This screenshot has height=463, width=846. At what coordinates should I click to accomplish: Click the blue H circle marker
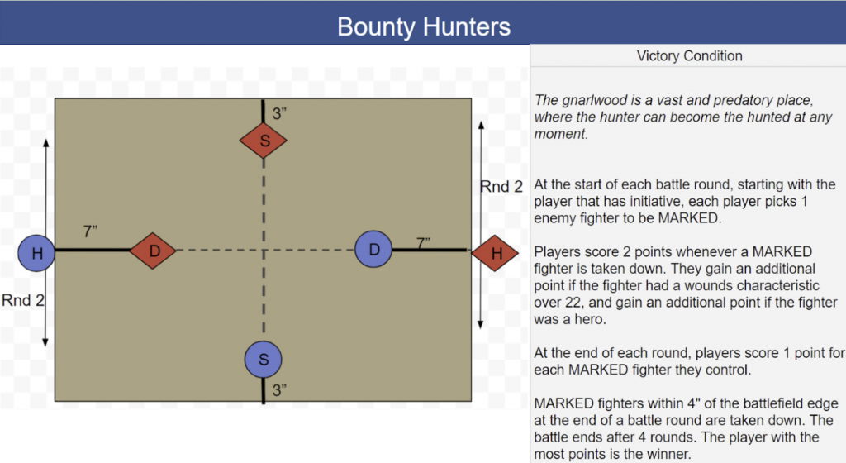pos(36,254)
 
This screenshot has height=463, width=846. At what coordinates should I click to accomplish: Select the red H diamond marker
pos(497,254)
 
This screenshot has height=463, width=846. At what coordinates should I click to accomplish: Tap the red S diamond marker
pos(264,141)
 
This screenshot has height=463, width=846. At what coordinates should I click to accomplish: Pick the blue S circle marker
pos(264,360)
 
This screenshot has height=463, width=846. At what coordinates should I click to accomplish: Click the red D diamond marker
pos(154,250)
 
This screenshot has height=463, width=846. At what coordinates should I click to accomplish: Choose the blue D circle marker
pos(373,249)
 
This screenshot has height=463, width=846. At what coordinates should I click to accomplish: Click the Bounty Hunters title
pos(423,26)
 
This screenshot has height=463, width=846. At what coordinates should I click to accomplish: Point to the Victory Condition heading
pos(689,56)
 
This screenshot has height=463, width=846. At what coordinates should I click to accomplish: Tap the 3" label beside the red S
pos(281,114)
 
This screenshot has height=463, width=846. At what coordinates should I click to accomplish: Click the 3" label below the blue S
pos(281,390)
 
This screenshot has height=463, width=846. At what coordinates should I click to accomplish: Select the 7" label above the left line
pos(91,232)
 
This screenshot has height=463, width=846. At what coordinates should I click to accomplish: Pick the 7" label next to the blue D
pos(425,243)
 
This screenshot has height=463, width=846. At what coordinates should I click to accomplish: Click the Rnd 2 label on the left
pos(22,300)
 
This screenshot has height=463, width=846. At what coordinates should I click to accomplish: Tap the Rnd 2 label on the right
pos(501,187)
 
